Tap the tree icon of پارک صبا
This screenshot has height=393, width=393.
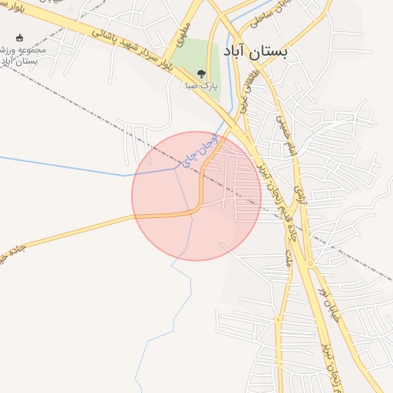[201, 74]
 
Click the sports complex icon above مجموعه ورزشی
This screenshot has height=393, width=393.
[19, 37]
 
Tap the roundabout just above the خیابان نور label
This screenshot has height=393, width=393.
[309, 266]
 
